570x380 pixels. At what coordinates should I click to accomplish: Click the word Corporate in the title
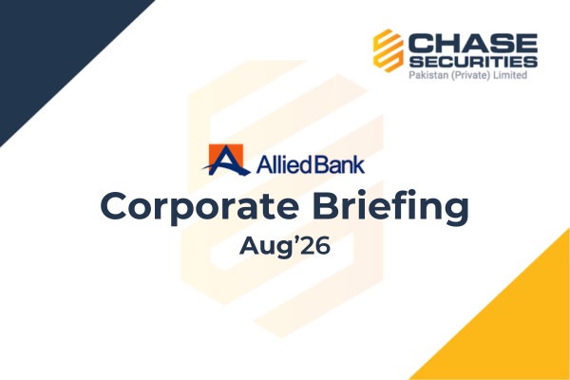pos(199,207)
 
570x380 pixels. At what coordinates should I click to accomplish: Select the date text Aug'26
pos(285,246)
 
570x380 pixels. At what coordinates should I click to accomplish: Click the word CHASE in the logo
pos(473,44)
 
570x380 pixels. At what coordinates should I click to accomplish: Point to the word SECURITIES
pos(473,62)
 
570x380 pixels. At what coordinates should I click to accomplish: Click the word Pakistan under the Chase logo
pos(428,75)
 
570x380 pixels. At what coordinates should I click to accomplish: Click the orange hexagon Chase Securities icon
pos(389,50)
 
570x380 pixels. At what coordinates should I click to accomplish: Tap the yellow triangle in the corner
pos(516,327)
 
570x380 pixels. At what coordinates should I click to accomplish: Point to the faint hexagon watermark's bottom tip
pos(282,338)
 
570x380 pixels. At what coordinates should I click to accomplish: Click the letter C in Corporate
pos(114,206)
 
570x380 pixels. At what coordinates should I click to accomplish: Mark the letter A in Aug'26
pos(250,245)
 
